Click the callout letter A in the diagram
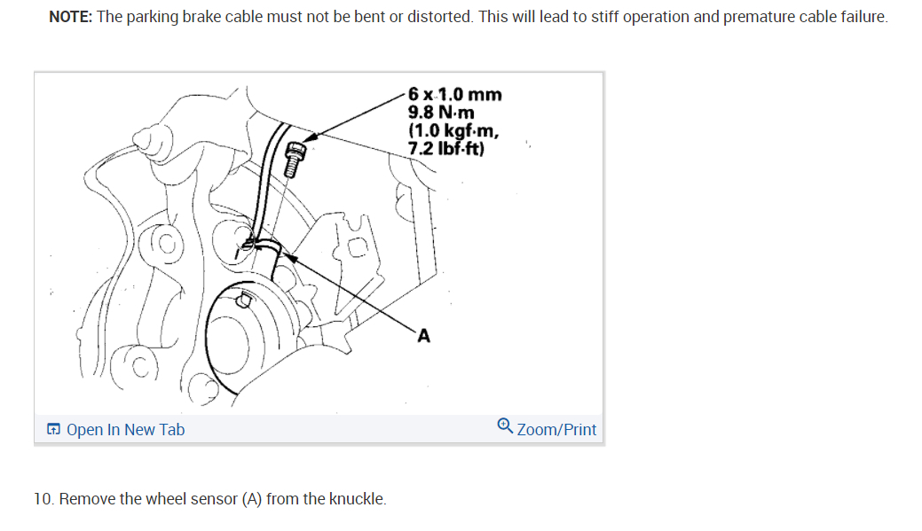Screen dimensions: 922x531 [423, 335]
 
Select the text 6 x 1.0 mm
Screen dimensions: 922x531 [454, 94]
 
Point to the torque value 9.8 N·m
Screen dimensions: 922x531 [441, 113]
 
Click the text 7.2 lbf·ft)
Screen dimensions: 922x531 [445, 148]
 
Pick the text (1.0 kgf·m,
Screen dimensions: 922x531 [453, 130]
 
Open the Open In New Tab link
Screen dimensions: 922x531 [125, 430]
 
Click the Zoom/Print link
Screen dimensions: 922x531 [556, 430]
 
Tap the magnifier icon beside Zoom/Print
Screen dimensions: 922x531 [505, 426]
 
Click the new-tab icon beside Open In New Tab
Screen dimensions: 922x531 [54, 430]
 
